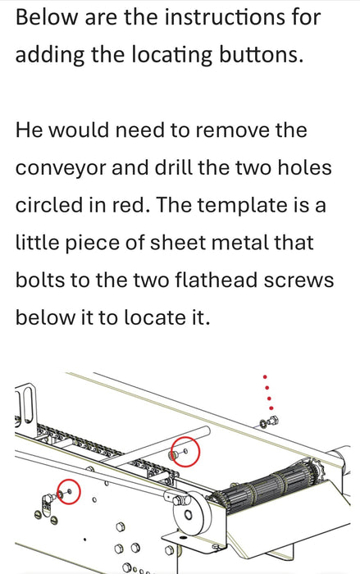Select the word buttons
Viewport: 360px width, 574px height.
[261, 54]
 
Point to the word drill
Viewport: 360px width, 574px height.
[173, 167]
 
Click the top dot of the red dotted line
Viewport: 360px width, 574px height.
[265, 376]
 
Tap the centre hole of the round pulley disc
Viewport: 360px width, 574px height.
[189, 515]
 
